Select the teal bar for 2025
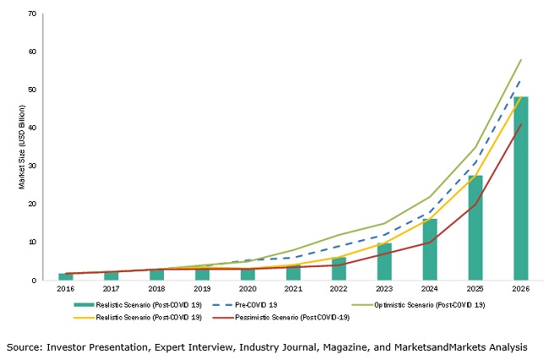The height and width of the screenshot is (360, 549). [x=476, y=227]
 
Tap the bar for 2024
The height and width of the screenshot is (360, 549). [x=430, y=249]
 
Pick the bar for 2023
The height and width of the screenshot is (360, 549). [x=384, y=262]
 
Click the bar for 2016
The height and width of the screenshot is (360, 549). [x=66, y=276]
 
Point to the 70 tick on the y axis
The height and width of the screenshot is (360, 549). [x=32, y=14]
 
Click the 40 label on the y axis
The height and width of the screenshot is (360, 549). [x=32, y=128]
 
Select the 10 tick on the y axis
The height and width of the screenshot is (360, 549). [x=32, y=242]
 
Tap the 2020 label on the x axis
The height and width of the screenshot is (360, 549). [x=247, y=289]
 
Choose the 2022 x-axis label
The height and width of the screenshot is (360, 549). [x=339, y=289]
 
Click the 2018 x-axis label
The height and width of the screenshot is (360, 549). [x=156, y=289]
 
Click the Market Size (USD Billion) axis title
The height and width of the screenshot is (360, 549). [x=22, y=147]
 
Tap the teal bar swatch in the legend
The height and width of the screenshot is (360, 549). [x=90, y=304]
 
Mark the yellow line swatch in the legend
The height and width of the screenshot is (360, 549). [x=90, y=318]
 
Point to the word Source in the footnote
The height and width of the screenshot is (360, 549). [x=25, y=346]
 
